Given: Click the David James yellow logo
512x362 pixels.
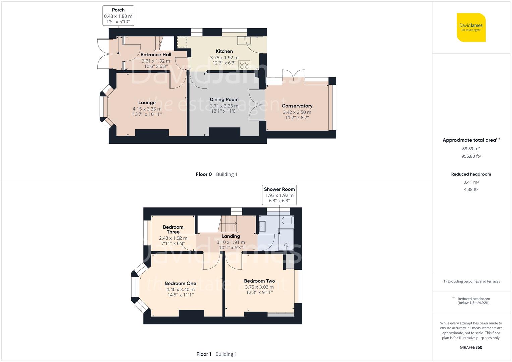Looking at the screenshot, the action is (471, 27).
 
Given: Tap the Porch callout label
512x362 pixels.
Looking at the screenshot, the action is (118, 15).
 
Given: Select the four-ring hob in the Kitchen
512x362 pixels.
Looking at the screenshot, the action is (244, 65).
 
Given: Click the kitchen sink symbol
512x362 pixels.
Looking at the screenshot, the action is (244, 41).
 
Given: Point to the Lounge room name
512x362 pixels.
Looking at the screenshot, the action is (147, 102).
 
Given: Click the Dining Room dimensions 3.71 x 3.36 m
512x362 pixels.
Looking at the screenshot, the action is (224, 106).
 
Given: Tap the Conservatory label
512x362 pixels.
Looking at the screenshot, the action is (297, 106).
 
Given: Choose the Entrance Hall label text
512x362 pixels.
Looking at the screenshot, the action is (156, 55).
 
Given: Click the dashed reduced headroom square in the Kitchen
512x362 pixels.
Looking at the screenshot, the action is (182, 42).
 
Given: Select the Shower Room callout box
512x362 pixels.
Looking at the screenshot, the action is (279, 195).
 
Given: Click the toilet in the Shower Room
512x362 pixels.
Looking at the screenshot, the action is (288, 220).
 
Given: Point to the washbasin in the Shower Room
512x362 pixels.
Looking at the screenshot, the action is (262, 226).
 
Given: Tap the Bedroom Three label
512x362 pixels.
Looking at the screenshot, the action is (173, 229).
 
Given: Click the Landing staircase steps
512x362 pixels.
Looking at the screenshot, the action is (227, 224).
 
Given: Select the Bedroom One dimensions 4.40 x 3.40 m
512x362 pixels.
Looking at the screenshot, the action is (181, 289).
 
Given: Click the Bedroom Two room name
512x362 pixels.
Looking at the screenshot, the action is (260, 281).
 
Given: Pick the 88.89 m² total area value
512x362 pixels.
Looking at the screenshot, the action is (471, 149).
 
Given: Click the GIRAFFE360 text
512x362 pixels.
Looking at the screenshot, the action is (471, 347).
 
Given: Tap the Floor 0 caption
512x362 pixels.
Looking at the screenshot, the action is (204, 174).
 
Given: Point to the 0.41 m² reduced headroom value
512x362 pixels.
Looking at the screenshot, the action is (471, 182).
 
